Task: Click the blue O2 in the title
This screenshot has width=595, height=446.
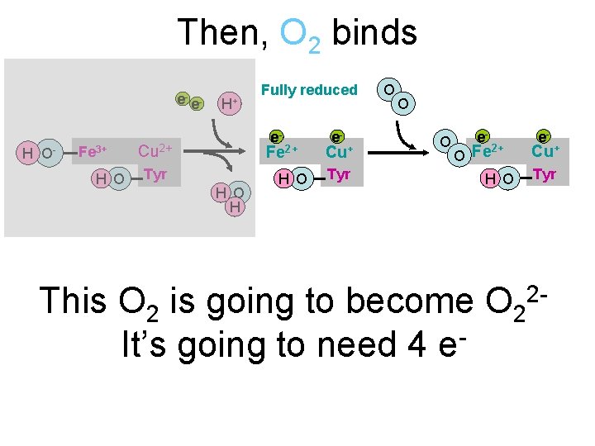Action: click(300, 35)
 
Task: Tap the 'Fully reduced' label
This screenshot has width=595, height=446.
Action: click(309, 89)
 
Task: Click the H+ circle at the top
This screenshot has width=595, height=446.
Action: click(229, 103)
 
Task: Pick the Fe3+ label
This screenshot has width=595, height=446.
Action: click(91, 150)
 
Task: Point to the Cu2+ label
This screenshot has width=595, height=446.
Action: click(155, 150)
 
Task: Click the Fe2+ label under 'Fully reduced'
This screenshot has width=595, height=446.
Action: click(281, 151)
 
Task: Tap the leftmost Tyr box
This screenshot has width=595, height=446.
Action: click(155, 174)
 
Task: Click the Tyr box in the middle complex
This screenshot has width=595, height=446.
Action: click(339, 174)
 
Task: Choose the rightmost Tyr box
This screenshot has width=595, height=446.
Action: click(545, 174)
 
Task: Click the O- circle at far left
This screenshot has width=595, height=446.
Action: click(50, 153)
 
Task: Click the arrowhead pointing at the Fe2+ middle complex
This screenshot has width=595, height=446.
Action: click(245, 152)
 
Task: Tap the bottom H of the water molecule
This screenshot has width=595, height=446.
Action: click(235, 206)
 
